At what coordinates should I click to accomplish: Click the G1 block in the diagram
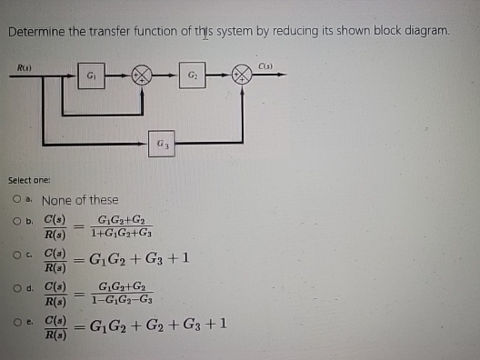click(x=92, y=75)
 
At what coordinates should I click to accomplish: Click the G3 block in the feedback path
click(x=162, y=142)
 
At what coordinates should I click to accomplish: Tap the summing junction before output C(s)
click(x=242, y=75)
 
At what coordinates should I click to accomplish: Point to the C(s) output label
click(x=265, y=64)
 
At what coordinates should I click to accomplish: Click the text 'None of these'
click(x=80, y=200)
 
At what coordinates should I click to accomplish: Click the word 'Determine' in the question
click(x=35, y=31)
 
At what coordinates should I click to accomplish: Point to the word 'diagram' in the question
click(x=425, y=31)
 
